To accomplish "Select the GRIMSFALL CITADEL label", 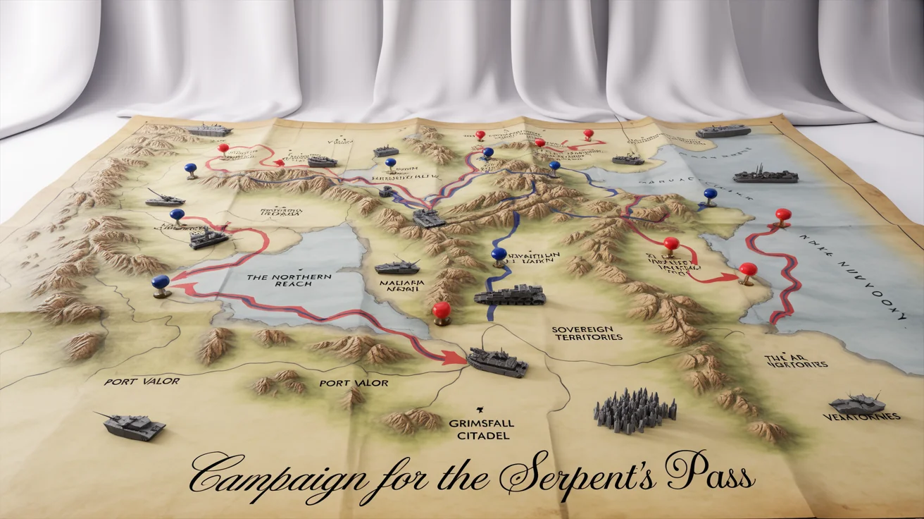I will tap(482, 429).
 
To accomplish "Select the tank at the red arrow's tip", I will tap(497, 362).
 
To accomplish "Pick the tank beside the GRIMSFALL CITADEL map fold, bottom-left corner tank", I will tap(134, 425).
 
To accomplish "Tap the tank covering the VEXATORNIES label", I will tap(857, 404).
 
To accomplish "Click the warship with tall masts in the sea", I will tap(765, 175).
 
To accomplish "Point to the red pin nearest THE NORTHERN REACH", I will tap(441, 311).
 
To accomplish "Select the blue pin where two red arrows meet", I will tap(161, 283).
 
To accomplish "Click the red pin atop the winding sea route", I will tap(782, 216).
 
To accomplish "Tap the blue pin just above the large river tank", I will tap(499, 255).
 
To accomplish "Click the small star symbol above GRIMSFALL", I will tap(479, 409).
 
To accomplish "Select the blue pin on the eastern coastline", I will tap(710, 195).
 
